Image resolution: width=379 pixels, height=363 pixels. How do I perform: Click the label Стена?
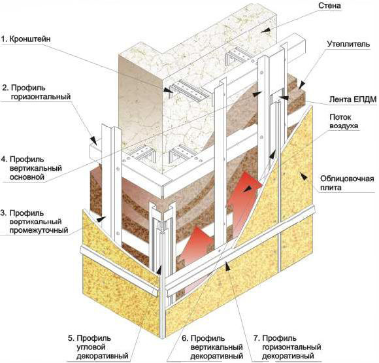click(x=330, y=6)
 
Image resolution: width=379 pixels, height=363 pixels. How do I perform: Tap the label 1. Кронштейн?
click(x=26, y=39)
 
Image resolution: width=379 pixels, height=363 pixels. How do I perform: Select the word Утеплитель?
click(x=348, y=44)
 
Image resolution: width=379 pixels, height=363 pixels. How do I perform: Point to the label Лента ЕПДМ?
click(x=353, y=99)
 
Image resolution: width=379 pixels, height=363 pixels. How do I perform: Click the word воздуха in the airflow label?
click(x=344, y=126)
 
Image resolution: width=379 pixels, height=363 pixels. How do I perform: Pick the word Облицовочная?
click(x=347, y=179)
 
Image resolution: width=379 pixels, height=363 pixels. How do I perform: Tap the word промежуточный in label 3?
click(x=39, y=230)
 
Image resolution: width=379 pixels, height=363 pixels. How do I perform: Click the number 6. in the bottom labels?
click(x=185, y=338)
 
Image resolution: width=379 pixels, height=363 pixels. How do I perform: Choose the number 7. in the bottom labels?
click(x=257, y=338)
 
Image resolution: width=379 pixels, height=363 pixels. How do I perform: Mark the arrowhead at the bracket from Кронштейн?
click(x=168, y=90)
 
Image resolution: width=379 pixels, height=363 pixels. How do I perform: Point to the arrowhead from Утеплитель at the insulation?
click(x=301, y=86)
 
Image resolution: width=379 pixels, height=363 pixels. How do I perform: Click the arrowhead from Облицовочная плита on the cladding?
click(x=304, y=175)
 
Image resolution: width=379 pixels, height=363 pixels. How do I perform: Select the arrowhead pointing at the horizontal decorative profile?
click(x=227, y=266)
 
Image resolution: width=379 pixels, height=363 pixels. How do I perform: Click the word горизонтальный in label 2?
click(x=41, y=97)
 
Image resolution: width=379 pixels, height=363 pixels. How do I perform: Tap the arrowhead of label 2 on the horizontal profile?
click(x=93, y=141)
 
